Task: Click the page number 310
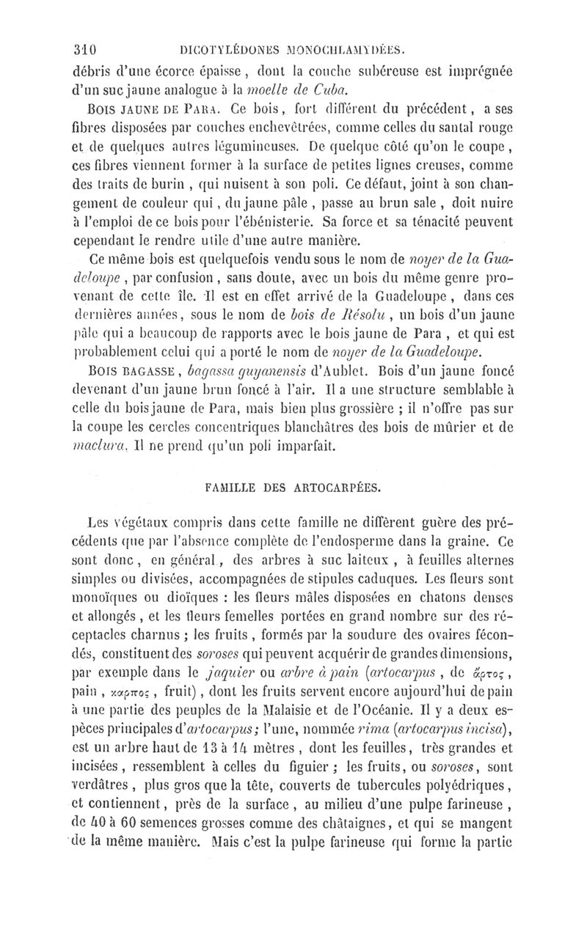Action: pos(86,51)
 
